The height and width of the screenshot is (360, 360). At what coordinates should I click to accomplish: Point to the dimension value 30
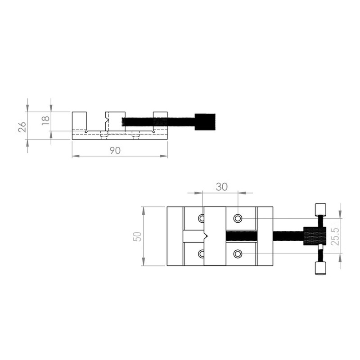(221, 187)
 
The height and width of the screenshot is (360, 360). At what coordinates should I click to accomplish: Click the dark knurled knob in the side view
(205, 121)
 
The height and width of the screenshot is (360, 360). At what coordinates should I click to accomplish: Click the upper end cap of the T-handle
(320, 209)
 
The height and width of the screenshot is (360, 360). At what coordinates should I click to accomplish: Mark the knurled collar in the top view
(312, 236)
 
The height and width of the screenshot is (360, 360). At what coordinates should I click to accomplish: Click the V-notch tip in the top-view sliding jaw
(206, 236)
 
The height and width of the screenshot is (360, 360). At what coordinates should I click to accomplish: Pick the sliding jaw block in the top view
(215, 236)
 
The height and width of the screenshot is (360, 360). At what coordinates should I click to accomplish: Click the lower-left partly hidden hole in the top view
(201, 254)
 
